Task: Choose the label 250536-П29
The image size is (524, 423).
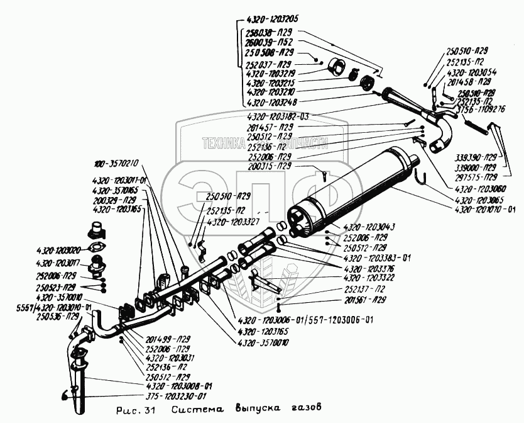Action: pos(57,316)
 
